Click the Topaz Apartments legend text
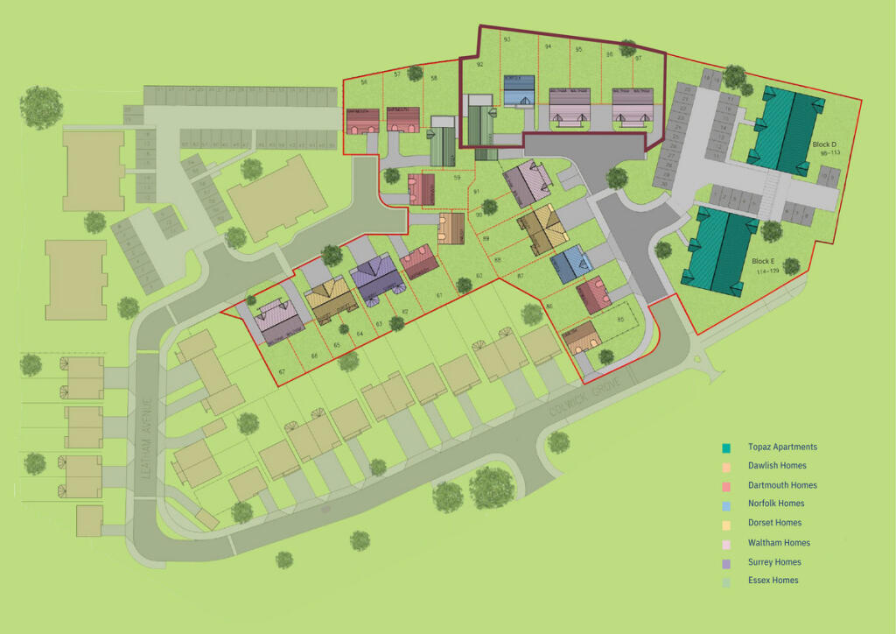782,447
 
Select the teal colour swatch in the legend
726,447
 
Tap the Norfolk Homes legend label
776,504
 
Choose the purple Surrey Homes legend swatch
726,562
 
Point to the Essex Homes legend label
773,580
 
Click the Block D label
824,144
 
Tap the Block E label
762,261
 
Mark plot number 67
282,372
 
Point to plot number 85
620,319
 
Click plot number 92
479,64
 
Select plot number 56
363,81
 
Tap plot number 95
578,50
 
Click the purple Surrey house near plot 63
377,278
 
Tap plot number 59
457,179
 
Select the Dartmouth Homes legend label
782,485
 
